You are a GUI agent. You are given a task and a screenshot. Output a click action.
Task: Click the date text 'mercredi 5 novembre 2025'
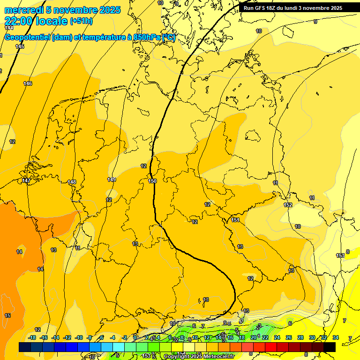[x=62, y=10]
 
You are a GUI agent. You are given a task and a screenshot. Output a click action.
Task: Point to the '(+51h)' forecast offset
[x=81, y=21]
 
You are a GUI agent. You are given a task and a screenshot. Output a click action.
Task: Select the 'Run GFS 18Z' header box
[x=293, y=8]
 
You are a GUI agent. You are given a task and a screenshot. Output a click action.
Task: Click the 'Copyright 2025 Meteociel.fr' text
[x=198, y=357]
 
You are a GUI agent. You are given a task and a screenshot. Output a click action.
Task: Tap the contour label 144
[x=9, y=28]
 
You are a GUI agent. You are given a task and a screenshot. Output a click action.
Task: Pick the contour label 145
[x=20, y=46]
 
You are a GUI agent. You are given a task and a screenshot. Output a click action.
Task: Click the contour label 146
[x=28, y=83]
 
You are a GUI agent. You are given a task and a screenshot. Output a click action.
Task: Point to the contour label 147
[x=26, y=180]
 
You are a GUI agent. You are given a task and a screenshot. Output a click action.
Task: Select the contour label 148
[x=71, y=182]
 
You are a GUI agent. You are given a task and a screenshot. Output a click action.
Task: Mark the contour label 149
[x=112, y=180]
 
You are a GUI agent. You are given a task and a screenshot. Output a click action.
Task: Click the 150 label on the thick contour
[x=152, y=181]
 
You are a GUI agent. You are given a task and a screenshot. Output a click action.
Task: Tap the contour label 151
[x=235, y=220]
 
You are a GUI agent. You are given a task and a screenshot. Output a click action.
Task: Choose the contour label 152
[x=288, y=205]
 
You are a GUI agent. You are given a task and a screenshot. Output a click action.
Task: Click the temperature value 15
[x=7, y=315]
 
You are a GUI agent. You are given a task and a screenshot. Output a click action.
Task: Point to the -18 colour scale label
[x=32, y=337]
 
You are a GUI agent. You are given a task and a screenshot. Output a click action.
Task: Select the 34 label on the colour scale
[x=336, y=337]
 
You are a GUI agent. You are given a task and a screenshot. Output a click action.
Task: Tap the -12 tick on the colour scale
[x=67, y=337]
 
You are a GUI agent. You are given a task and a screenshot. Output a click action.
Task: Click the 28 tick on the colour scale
[x=300, y=337]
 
